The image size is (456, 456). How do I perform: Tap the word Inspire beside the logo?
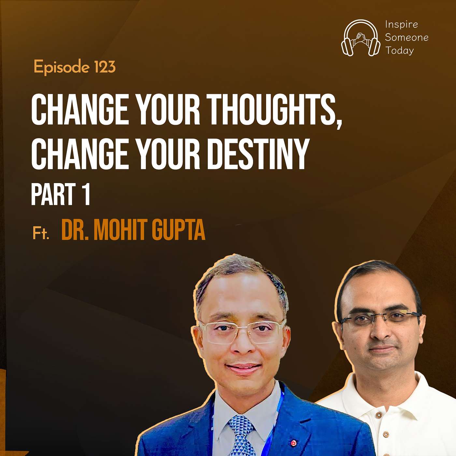tap(402, 25)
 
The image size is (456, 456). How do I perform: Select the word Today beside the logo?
tap(400, 50)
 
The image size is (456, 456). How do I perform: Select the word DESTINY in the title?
tap(260, 154)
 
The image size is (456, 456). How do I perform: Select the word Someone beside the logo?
tap(407, 38)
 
